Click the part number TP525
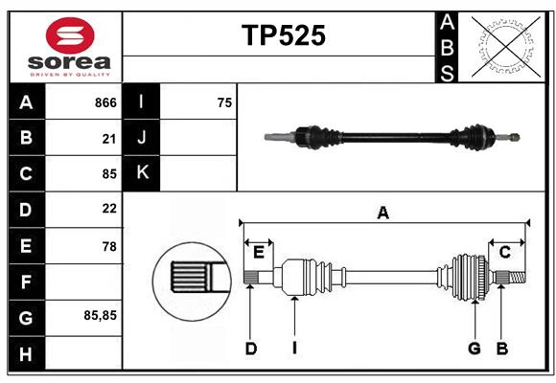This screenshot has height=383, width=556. point(283,36)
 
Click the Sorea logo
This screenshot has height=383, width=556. point(65,47)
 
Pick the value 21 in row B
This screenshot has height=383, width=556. point(109,139)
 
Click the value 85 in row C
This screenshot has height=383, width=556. point(109,174)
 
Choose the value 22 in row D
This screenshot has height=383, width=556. point(109,209)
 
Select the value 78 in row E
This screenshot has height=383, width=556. point(109,246)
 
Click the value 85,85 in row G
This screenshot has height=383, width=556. point(101,315)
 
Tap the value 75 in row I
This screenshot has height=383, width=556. point(224,102)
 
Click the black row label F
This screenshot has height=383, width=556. point(26,282)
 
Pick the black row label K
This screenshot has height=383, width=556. point(142,173)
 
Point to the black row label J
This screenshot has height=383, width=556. point(142,138)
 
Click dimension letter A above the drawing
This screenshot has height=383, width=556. point(382,213)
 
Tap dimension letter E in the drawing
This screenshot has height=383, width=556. point(259,252)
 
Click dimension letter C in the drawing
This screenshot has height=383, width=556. point(504,252)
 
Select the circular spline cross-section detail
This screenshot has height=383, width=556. point(190,279)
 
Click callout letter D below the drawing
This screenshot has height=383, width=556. point(251,349)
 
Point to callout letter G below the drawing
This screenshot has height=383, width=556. point(474,349)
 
